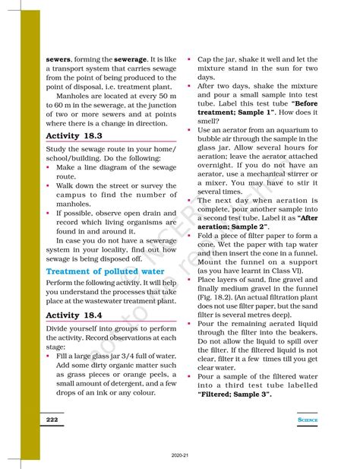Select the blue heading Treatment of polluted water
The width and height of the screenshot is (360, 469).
(x=104, y=271)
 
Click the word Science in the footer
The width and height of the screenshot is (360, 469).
(x=308, y=420)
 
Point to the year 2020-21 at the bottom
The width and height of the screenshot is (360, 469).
(x=180, y=457)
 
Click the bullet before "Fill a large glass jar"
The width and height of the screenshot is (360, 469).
(x=48, y=355)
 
